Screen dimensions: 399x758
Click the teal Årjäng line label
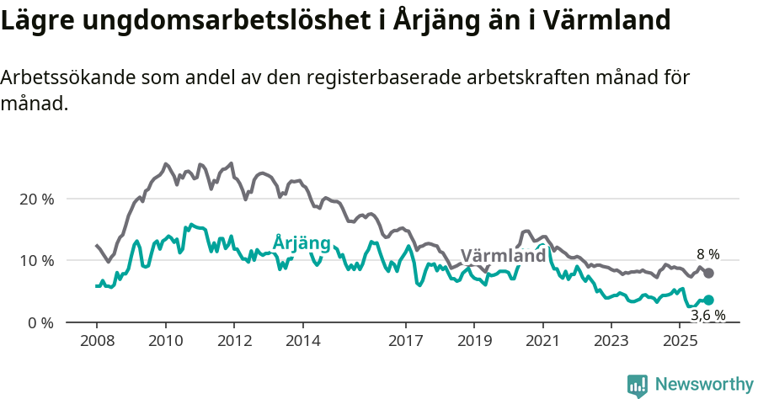302,243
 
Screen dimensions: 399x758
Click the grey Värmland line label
503,256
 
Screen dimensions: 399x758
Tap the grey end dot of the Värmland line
708,273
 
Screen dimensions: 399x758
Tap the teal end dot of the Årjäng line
708,300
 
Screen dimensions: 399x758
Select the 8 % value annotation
708,253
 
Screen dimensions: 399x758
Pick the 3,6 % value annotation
708,316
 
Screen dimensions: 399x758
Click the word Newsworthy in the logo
703,385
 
